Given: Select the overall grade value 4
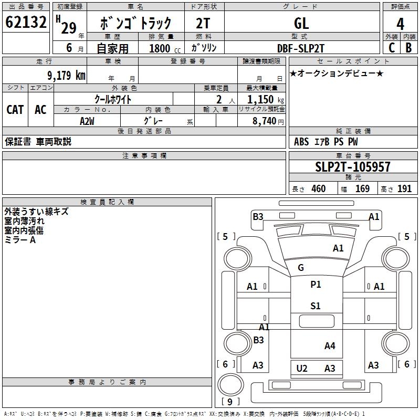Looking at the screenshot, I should click(401, 24).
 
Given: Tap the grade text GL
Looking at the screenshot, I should click(301, 24).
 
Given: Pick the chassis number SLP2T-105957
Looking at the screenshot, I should click(353, 167).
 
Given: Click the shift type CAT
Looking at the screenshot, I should click(15, 109).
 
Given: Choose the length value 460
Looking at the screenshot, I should click(318, 189).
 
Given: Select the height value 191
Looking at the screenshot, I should click(405, 189).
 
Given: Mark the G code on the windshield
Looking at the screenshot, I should click(301, 268).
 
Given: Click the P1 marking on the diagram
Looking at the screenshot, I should click(316, 285).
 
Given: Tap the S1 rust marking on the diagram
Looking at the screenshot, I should click(315, 306).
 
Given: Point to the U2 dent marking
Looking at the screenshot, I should click(302, 368).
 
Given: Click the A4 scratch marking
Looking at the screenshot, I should click(330, 345).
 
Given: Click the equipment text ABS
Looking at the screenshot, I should click(301, 142).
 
